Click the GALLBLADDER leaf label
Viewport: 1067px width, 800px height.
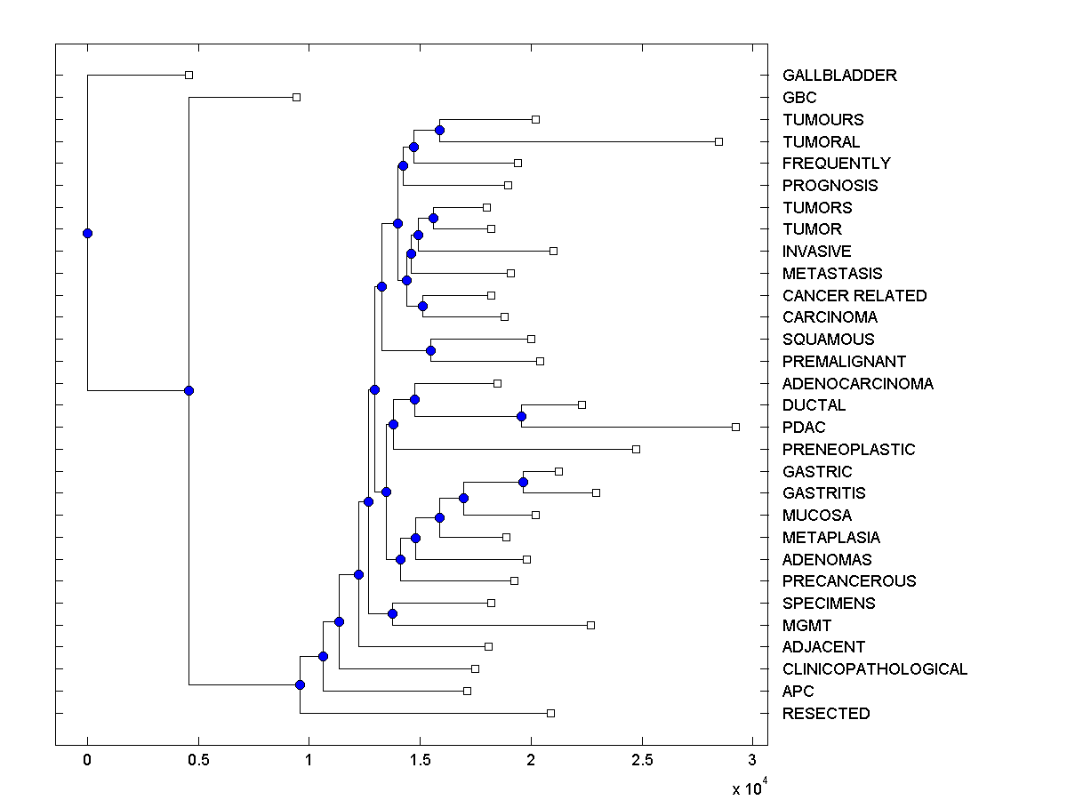pyautogui.click(x=839, y=76)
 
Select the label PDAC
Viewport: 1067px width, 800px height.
pyautogui.click(x=804, y=428)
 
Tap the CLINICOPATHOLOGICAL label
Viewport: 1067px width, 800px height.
pyautogui.click(x=875, y=669)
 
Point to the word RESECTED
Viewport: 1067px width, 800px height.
pyautogui.click(x=826, y=714)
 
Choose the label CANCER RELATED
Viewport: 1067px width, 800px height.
pyautogui.click(x=854, y=296)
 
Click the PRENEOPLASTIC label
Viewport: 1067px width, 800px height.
pyautogui.click(x=848, y=450)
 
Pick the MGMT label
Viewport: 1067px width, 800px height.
pyautogui.click(x=806, y=626)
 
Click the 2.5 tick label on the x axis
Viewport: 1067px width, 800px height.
pyautogui.click(x=641, y=760)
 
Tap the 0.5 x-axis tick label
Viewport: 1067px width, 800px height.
pyautogui.click(x=197, y=760)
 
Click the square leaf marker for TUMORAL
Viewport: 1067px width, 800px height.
pyautogui.click(x=719, y=141)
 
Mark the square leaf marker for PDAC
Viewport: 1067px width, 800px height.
pyautogui.click(x=735, y=427)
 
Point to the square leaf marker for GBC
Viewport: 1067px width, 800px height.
pyautogui.click(x=297, y=97)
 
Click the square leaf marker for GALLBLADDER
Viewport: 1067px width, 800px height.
pyautogui.click(x=189, y=75)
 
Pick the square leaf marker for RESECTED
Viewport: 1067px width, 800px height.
pyautogui.click(x=550, y=713)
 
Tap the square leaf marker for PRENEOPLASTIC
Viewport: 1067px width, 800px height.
pyautogui.click(x=636, y=449)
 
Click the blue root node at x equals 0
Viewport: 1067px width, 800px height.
pyautogui.click(x=87, y=233)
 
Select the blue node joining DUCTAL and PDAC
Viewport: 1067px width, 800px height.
pyautogui.click(x=521, y=416)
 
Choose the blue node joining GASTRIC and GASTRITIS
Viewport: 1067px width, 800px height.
pyautogui.click(x=524, y=482)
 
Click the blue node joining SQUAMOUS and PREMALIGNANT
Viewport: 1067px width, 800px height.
pyautogui.click(x=430, y=350)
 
